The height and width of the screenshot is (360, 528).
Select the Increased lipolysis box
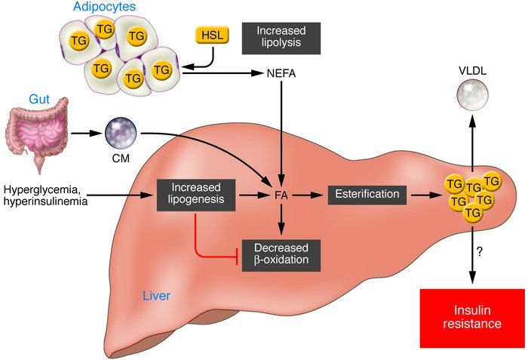click(x=280, y=37)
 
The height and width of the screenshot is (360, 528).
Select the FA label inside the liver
click(x=281, y=195)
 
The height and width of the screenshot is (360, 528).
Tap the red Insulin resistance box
click(x=471, y=316)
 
